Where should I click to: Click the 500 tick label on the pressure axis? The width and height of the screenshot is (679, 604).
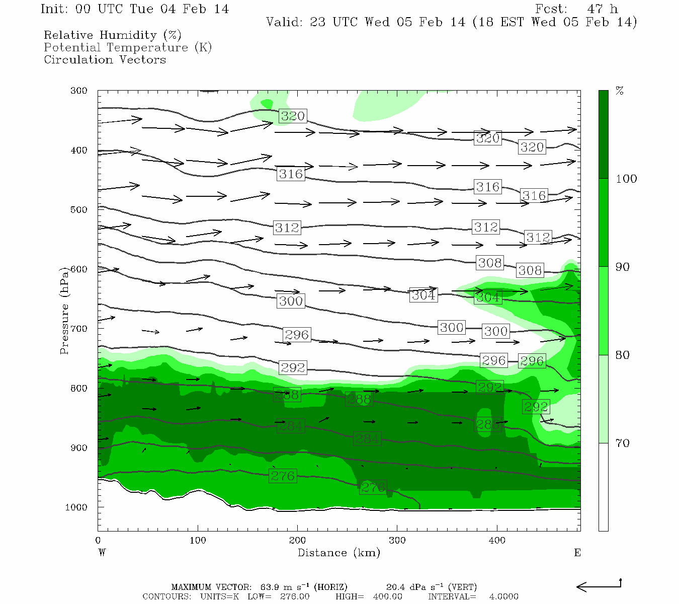78,210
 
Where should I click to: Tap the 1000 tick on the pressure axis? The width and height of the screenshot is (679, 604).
76,507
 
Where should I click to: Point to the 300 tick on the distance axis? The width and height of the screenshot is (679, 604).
397,541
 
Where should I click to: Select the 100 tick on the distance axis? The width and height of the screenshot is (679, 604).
198,541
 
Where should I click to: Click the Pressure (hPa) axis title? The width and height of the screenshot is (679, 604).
64,311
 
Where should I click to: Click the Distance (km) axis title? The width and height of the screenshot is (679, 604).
338,553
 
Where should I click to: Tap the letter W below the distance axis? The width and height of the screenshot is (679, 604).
102,553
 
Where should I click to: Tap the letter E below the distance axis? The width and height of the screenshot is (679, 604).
577,553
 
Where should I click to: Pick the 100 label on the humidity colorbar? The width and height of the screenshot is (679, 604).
626,179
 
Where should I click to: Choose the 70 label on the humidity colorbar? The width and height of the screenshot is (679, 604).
622,443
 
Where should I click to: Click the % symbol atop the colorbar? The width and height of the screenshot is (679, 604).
620,91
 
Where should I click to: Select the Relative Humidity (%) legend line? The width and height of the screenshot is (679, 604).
112,35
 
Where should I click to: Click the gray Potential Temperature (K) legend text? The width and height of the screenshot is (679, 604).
128,47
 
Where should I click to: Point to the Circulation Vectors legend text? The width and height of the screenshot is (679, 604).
105,59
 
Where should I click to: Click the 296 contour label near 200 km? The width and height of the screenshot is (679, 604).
297,335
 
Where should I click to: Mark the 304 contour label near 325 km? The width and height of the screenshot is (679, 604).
423,295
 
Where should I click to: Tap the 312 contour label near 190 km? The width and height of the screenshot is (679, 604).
287,228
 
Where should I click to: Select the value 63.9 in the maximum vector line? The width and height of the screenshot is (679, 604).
270,587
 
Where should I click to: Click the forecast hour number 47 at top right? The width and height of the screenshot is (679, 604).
595,9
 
